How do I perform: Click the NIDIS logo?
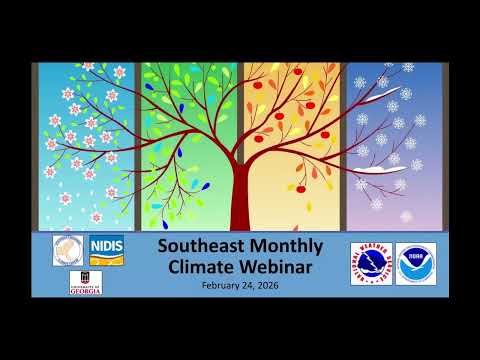105,250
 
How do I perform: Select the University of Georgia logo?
87,283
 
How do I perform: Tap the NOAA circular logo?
416,263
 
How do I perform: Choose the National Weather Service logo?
371,264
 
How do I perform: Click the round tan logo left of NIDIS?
67,250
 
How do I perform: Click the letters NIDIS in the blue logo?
105,245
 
